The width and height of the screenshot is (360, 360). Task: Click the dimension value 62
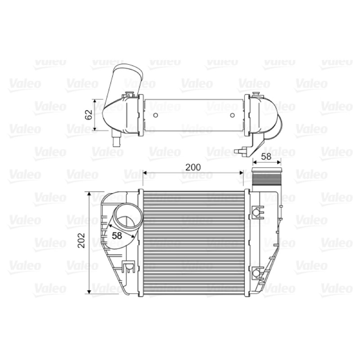[89, 115]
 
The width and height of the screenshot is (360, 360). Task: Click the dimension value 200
[193, 167]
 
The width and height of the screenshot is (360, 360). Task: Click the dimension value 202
[81, 240]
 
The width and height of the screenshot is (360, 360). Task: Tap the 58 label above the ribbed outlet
[266, 157]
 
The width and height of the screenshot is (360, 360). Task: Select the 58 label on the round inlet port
[117, 236]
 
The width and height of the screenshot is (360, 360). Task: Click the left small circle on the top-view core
[155, 115]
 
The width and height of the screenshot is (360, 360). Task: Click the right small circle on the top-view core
[232, 115]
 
